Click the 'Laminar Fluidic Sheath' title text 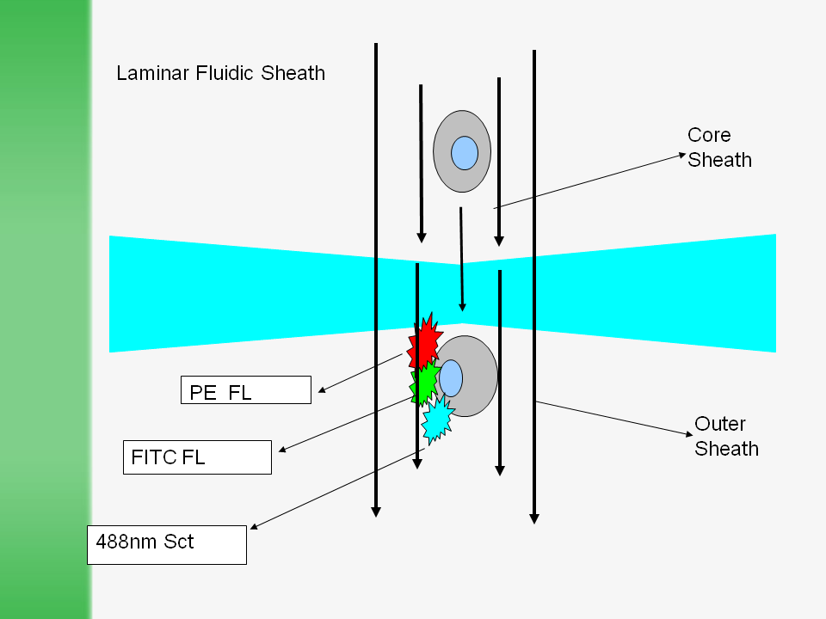221,73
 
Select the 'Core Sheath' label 719,148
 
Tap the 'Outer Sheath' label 726,436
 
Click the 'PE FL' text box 246,389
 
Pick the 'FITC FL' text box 197,457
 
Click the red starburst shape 424,343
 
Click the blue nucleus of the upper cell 465,153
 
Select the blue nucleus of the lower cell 451,378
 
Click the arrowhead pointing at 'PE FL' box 322,391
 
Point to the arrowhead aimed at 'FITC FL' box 283,449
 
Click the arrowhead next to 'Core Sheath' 681,156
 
